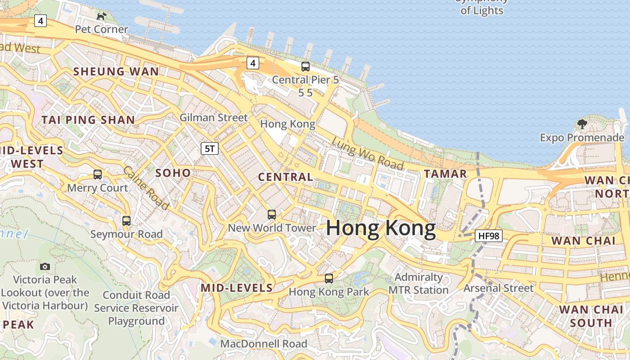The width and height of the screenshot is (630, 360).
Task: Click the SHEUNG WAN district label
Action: point(116,72)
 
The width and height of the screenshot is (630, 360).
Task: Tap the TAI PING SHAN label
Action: point(88,120)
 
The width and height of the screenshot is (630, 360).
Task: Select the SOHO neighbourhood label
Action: point(173,173)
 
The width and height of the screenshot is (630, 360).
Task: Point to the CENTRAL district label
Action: point(285,177)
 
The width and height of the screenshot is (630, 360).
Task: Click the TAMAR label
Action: point(445,174)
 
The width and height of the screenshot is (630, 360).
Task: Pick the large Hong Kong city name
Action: point(381,228)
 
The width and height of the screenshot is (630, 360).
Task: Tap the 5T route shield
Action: point(210,148)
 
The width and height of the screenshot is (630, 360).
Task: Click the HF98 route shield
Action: point(488,235)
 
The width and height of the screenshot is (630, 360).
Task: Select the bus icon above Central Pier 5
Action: point(306,67)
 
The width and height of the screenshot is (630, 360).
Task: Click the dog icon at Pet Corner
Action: point(102,17)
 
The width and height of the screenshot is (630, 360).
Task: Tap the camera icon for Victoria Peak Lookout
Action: point(45,266)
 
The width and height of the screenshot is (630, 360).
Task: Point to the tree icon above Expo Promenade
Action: point(582,124)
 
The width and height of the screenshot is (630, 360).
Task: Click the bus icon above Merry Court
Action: point(98,174)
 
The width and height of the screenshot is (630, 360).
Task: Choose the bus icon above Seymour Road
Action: point(126,220)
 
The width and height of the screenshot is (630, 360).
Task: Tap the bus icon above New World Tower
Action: point(272,214)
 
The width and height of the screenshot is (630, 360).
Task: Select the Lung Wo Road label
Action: point(367,153)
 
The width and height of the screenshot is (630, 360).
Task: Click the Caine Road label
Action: point(146,188)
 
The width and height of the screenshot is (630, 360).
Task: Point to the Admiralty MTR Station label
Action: point(418,283)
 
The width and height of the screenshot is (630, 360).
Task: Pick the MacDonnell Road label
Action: point(264,344)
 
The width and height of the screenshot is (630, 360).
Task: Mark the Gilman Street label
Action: point(213,117)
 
